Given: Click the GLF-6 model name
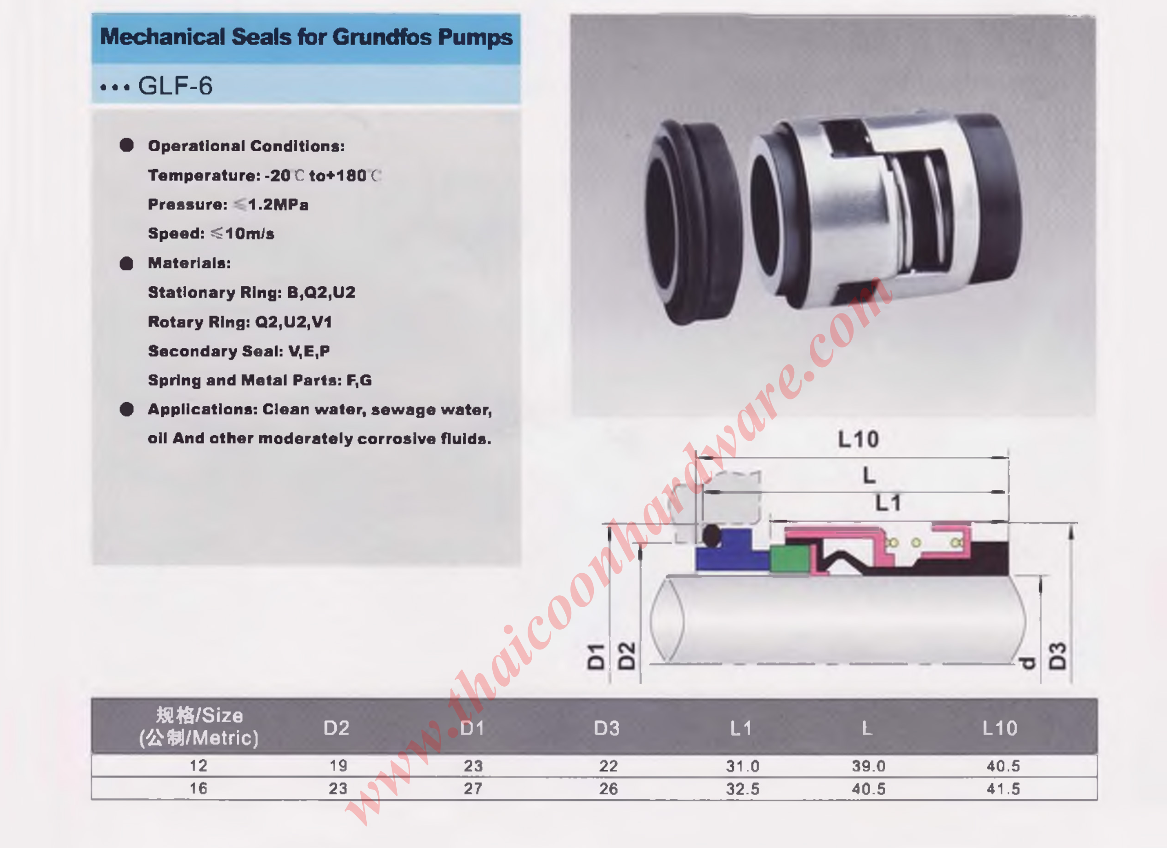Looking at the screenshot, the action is point(175,85).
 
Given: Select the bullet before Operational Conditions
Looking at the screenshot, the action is point(126,145).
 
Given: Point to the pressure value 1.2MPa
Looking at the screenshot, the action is point(278,205).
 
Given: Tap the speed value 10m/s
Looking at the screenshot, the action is point(250,233).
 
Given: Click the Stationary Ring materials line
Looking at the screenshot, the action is point(251,292).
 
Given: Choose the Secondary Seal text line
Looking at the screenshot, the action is point(239,351).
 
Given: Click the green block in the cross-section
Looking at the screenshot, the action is point(790,560).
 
